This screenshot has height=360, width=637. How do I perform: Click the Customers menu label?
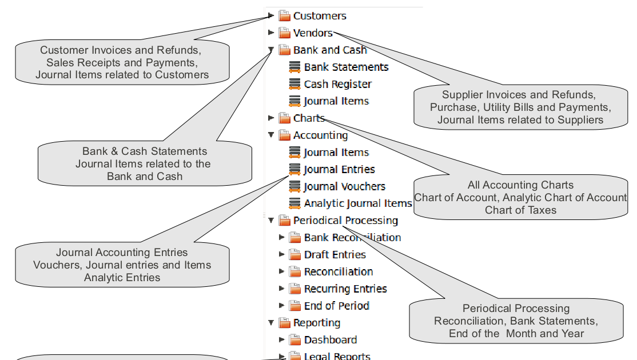tap(320, 16)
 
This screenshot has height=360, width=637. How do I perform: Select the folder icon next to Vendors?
tap(284, 33)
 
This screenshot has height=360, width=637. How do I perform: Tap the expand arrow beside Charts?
tap(271, 118)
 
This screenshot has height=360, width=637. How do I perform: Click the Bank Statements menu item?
tap(346, 67)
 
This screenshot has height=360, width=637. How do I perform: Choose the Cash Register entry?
tap(337, 84)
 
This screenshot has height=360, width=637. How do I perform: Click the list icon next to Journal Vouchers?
tap(294, 186)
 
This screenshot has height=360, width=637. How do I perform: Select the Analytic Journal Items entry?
tap(358, 203)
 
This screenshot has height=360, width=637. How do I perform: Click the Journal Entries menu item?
tap(339, 169)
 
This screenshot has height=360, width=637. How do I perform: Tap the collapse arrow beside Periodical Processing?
tap(271, 221)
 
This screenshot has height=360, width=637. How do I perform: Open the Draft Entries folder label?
tap(335, 254)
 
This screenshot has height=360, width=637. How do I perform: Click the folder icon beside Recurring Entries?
tap(294, 289)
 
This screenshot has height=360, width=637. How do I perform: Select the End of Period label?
tap(336, 306)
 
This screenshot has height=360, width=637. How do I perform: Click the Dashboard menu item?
tap(331, 339)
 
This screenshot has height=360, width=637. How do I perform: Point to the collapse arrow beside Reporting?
tap(271, 323)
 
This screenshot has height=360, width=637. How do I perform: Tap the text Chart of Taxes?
tap(520, 210)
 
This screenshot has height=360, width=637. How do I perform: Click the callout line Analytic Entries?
tap(122, 277)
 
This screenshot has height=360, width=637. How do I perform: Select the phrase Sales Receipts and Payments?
tap(122, 62)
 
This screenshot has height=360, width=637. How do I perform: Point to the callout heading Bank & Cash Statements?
tap(145, 151)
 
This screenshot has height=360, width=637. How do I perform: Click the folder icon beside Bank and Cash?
tap(284, 50)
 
